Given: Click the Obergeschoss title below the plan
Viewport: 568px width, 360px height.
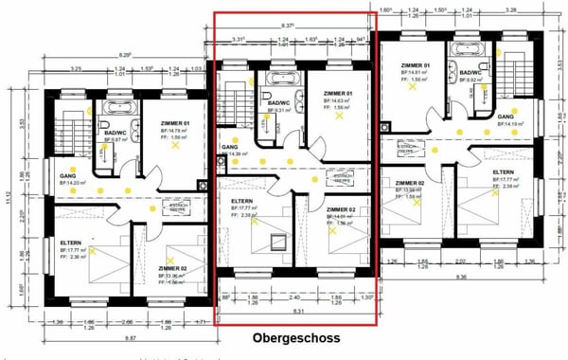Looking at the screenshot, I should point(295,337).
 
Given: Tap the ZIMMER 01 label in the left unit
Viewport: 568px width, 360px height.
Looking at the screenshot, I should point(174,124).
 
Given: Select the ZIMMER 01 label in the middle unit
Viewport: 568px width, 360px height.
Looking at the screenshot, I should point(337,94).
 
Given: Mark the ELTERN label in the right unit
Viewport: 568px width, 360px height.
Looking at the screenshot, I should point(504,172).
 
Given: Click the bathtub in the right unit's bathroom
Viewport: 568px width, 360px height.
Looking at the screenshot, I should point(469,50).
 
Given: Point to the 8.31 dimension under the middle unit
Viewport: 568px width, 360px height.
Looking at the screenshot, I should point(298,312).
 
